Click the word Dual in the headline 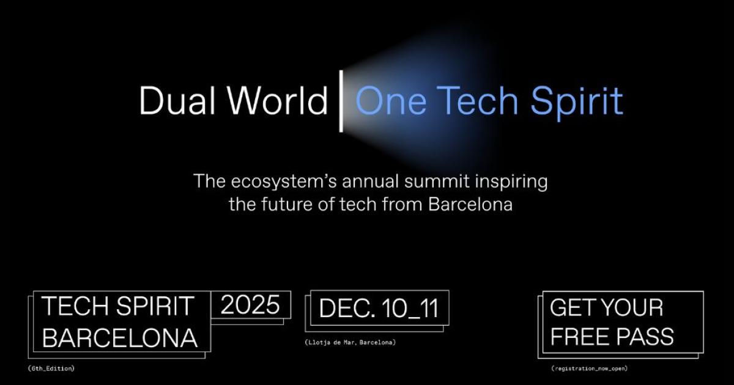point(177,100)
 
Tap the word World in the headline point(278,100)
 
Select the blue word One point(391,100)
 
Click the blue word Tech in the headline point(477,100)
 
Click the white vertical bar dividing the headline point(341,101)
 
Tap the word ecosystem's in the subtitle point(284,182)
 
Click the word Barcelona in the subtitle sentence point(470,204)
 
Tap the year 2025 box point(251,304)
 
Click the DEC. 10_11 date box point(379,308)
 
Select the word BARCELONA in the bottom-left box point(120,337)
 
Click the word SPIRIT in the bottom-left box point(155,306)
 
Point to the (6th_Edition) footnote point(51,369)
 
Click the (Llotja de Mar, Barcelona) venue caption point(350,342)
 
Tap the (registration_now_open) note point(590,369)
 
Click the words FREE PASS point(612,336)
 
